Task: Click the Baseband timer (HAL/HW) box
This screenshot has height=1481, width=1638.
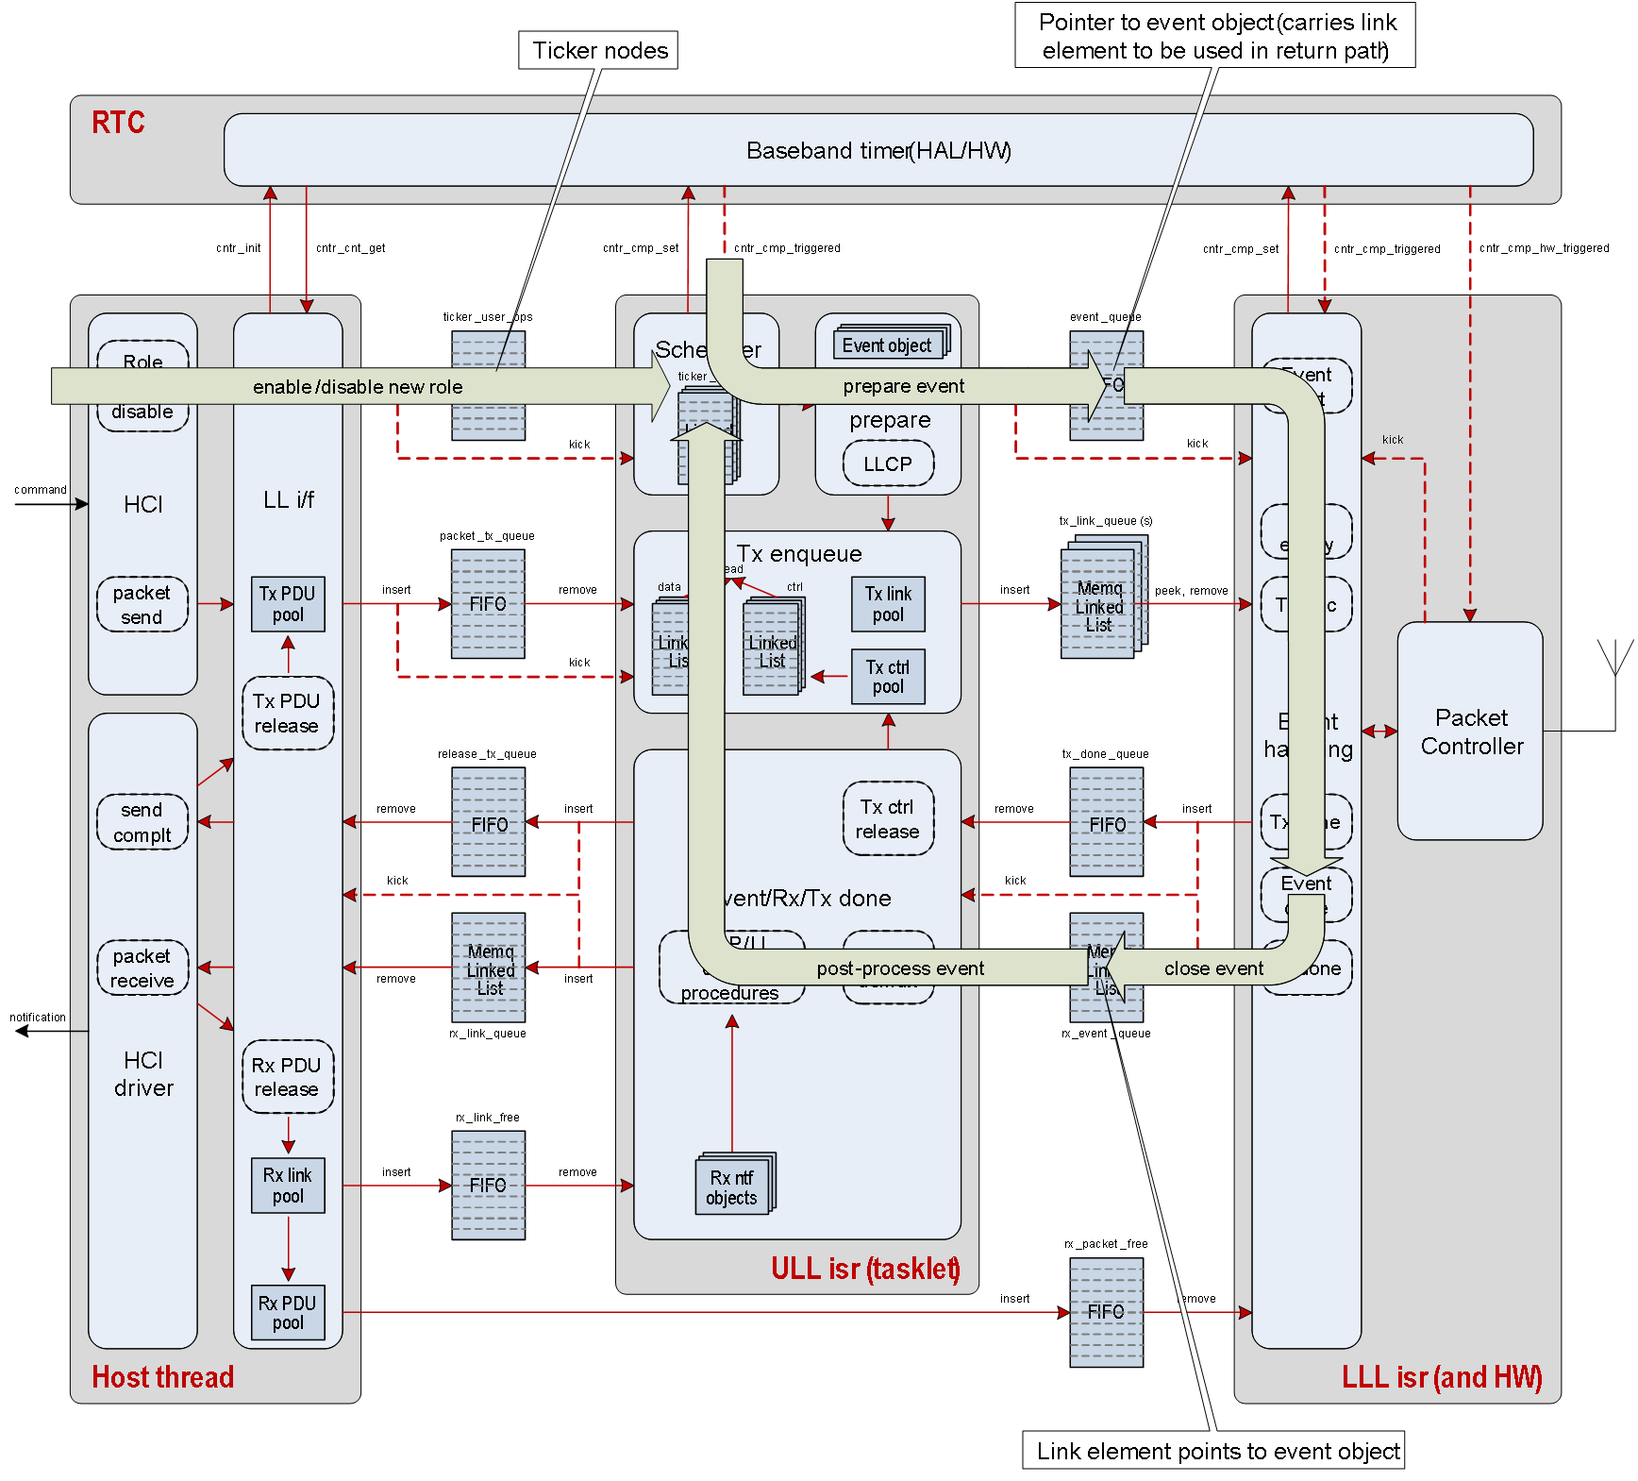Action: [877, 150]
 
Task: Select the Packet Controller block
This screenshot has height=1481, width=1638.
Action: [1470, 731]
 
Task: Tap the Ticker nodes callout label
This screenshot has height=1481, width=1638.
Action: [599, 50]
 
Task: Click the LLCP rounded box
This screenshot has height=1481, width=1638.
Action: [888, 464]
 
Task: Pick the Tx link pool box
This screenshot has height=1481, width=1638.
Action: [888, 604]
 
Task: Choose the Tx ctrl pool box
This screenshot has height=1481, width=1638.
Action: [888, 676]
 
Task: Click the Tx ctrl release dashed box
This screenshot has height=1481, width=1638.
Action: [888, 818]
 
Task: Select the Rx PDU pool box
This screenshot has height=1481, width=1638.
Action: [288, 1312]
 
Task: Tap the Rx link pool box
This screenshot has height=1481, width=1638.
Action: [288, 1185]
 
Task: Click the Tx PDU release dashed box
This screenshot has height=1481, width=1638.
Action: [288, 713]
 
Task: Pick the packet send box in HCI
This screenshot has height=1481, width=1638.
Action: [142, 604]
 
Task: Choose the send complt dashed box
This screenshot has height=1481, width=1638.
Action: [142, 822]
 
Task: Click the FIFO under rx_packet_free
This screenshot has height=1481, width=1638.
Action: [1106, 1312]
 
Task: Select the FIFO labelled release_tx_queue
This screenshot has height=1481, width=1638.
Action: [488, 822]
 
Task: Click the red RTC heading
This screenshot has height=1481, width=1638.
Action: [118, 123]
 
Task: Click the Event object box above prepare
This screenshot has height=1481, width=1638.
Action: [888, 345]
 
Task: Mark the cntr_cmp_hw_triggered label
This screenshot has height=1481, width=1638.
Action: [1544, 248]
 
